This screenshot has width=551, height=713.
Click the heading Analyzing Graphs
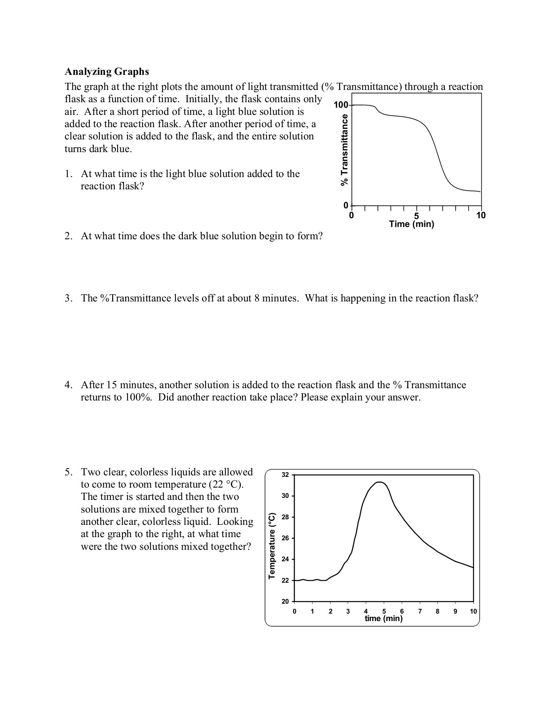click(107, 72)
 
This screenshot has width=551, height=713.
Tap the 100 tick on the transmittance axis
click(340, 105)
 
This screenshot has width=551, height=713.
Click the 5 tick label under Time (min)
click(416, 215)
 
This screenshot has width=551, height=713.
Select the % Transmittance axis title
click(345, 149)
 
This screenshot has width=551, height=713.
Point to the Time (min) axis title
click(412, 224)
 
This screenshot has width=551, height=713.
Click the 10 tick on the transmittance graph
click(481, 215)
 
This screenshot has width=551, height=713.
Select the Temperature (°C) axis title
click(272, 545)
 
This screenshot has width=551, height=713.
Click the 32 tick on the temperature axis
click(285, 475)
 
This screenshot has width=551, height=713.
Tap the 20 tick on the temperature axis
click(285, 601)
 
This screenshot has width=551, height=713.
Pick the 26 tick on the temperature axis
click(285, 538)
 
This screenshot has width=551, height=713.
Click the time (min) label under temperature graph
click(383, 618)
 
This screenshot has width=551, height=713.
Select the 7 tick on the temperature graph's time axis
click(420, 611)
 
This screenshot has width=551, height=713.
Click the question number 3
click(68, 298)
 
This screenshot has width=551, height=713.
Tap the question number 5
click(69, 472)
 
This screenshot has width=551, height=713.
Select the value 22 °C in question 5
click(225, 484)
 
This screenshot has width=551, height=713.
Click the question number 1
click(68, 174)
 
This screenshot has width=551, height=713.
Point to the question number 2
click(68, 236)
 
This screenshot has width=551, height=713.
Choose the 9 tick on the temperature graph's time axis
click(456, 611)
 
